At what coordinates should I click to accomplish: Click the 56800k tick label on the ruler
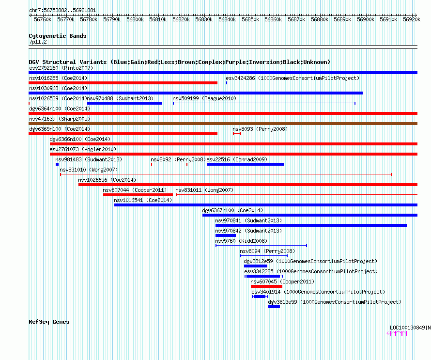(135, 19)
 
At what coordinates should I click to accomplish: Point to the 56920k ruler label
(412, 19)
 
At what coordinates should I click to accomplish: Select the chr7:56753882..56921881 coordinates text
(62, 11)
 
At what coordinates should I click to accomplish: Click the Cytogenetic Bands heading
(58, 36)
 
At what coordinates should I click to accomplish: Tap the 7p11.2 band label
(38, 42)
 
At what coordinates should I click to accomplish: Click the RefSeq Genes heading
(49, 322)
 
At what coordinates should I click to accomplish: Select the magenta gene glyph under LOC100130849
(397, 333)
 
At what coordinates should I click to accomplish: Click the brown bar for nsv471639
(223, 124)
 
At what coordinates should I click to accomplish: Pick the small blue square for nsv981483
(57, 164)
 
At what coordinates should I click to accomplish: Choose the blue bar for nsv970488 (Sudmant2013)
(124, 103)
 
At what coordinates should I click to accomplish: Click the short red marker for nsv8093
(237, 134)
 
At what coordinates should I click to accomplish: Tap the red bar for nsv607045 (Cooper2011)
(267, 286)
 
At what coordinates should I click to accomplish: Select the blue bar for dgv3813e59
(274, 307)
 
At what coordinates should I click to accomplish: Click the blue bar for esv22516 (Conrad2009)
(245, 164)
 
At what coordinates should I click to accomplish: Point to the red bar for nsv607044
(138, 195)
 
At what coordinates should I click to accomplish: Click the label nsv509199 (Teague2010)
(204, 98)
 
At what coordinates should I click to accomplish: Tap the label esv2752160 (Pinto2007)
(61, 68)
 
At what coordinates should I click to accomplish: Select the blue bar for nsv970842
(226, 235)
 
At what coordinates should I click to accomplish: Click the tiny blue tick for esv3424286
(227, 83)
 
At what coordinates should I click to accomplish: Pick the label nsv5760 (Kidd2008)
(241, 241)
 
